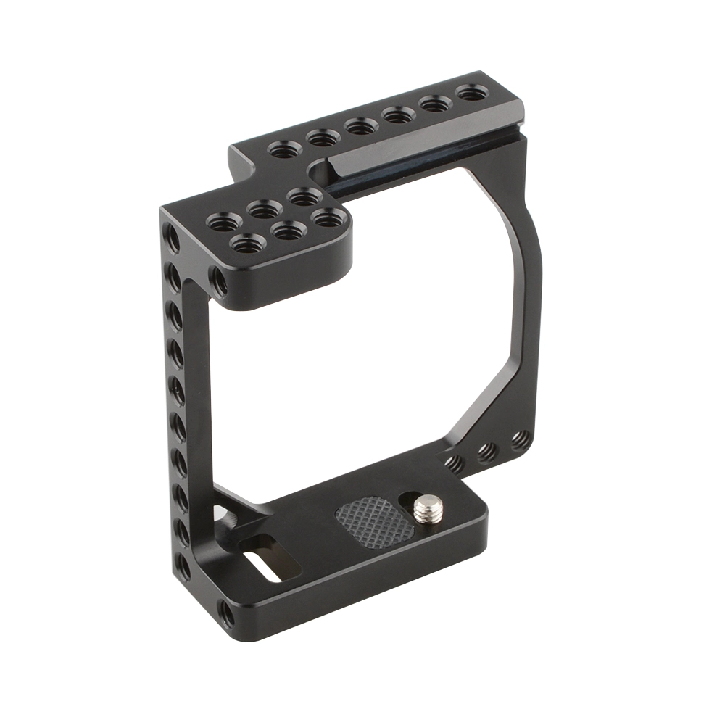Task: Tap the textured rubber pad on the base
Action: point(374,518)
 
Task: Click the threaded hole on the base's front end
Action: point(227,616)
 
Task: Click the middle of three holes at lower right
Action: point(488,452)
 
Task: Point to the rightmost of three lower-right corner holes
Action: point(520,439)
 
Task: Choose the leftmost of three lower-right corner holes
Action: point(454,463)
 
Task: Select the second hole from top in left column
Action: point(173,276)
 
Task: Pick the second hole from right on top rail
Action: point(435,104)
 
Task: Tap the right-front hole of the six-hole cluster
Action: point(328,216)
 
